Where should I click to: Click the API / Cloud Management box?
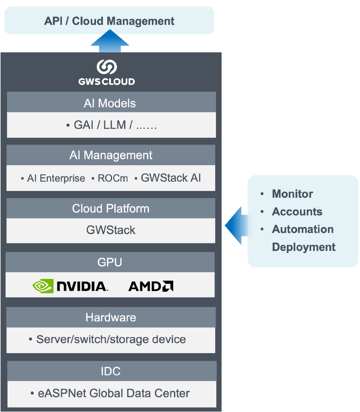click(x=109, y=21)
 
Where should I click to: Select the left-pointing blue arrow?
click(x=236, y=225)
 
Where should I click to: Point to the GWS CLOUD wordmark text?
click(x=107, y=81)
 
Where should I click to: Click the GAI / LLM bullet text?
click(x=111, y=125)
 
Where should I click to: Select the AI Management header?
click(x=111, y=155)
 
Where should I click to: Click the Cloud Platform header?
click(x=111, y=209)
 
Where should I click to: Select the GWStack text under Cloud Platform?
click(x=111, y=230)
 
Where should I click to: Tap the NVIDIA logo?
click(x=70, y=286)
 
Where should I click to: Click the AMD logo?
click(x=151, y=287)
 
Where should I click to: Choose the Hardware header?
click(x=111, y=318)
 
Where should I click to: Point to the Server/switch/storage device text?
click(x=111, y=339)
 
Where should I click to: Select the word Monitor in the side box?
click(x=292, y=194)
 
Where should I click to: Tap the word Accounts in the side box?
click(x=297, y=212)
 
